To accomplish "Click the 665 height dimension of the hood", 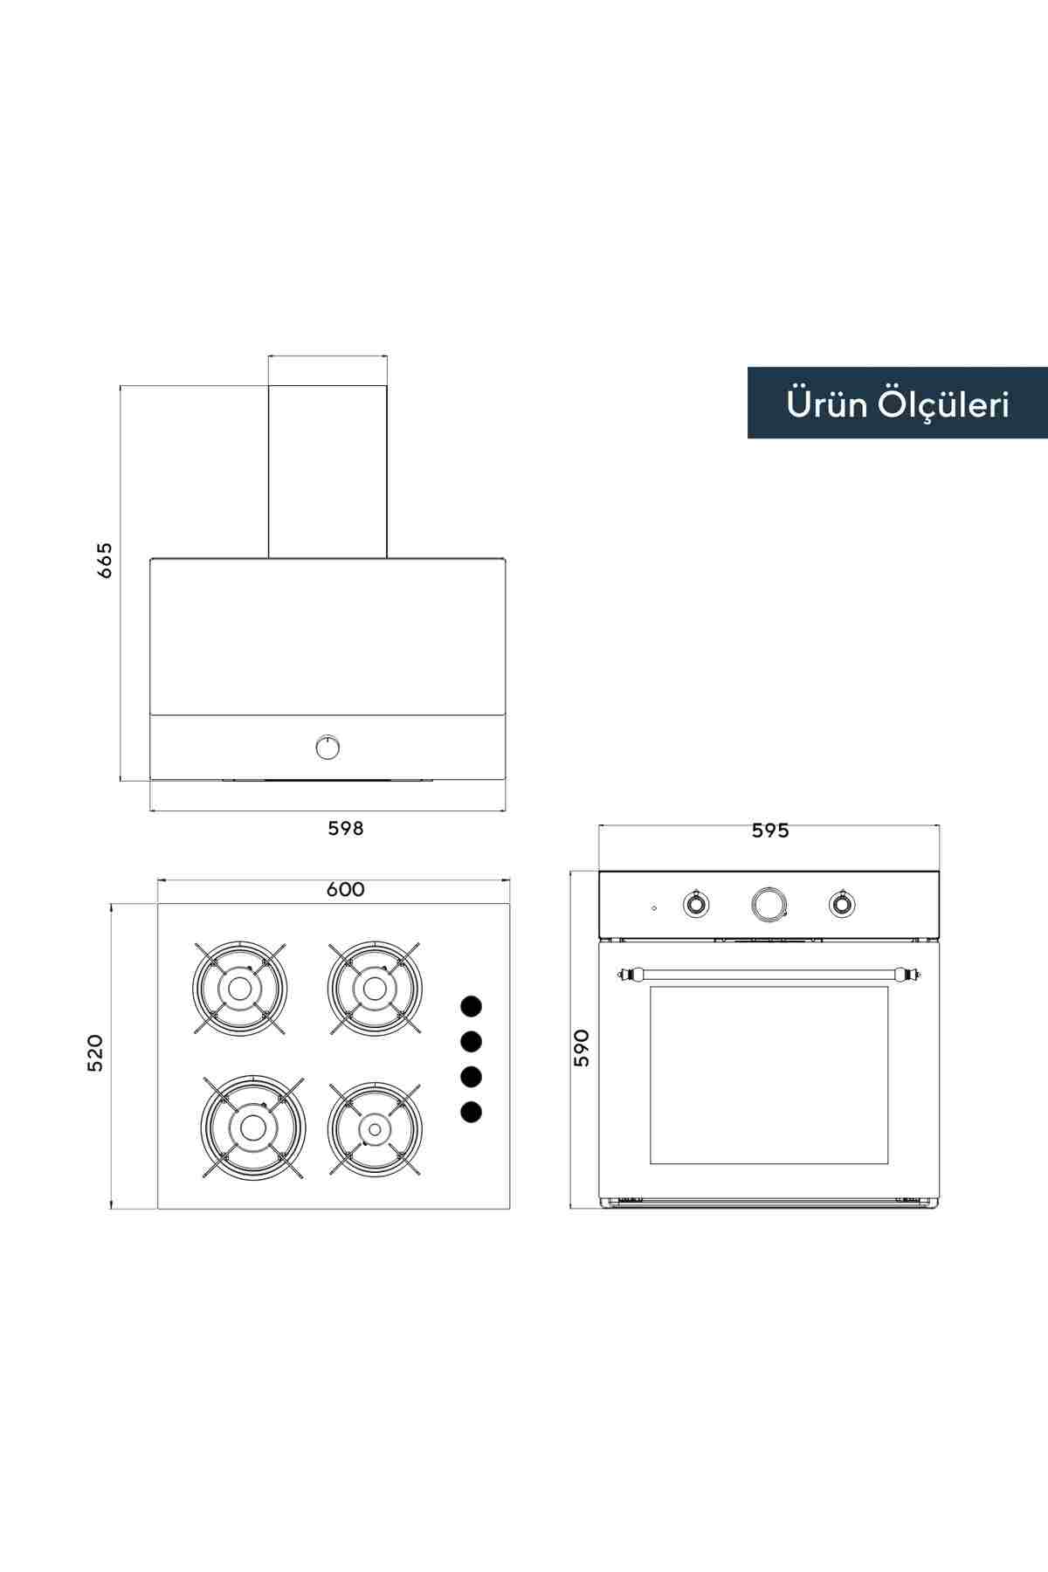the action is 105,561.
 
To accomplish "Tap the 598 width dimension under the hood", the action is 346,828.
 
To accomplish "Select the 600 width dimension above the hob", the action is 346,890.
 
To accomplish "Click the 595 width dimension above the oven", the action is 770,831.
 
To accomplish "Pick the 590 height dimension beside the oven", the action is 582,1048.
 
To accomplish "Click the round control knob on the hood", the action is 327,747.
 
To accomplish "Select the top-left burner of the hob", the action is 239,988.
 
